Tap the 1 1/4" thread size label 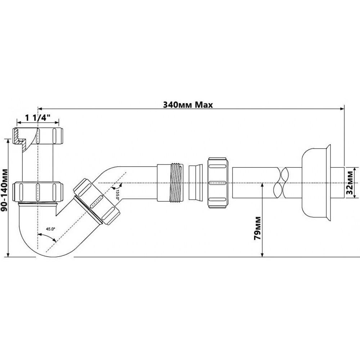37,117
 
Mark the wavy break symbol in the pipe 282,183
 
